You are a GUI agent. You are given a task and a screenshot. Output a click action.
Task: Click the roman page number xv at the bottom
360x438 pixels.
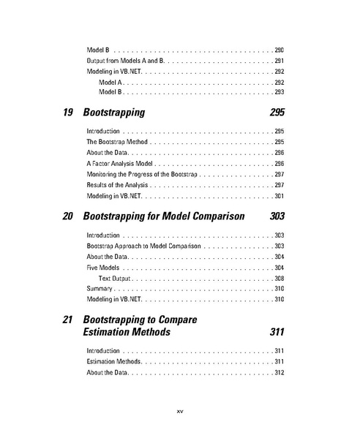pyautogui.click(x=179, y=411)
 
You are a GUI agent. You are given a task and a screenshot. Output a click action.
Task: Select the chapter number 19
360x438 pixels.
pyautogui.click(x=70, y=113)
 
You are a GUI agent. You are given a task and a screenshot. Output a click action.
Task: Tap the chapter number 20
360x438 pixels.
pyautogui.click(x=70, y=216)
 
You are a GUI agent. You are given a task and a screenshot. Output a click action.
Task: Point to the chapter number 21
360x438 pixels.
pyautogui.click(x=70, y=320)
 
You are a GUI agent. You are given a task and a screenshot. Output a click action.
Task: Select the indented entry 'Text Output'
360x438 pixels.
pyautogui.click(x=115, y=279)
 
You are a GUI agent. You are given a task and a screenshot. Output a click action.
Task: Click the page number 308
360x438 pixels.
pyautogui.click(x=279, y=279)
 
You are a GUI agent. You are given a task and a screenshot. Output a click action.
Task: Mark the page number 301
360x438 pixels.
pyautogui.click(x=279, y=196)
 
